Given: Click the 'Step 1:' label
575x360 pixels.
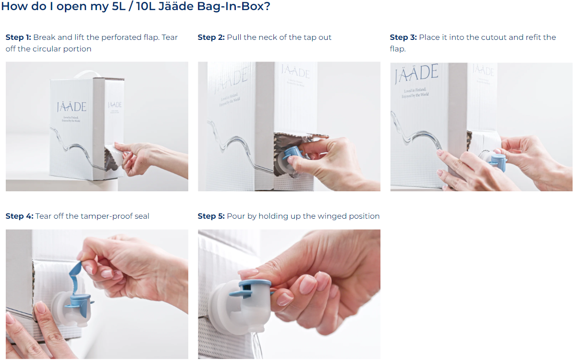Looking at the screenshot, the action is pos(18,37).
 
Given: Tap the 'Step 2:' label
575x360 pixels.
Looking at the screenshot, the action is pos(211,37).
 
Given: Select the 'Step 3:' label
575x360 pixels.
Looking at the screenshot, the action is pos(404,37).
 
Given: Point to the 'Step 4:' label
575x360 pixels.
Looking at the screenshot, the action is pos(19,216).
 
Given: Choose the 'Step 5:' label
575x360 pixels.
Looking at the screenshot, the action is pos(211,216).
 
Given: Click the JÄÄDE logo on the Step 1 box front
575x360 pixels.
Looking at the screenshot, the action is pos(72,107).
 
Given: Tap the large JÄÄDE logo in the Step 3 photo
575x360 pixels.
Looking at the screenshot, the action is pos(416,73).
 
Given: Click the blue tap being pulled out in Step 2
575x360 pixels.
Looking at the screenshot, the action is pos(294,154).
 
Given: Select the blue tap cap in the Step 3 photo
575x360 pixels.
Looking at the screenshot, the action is pos(498,162).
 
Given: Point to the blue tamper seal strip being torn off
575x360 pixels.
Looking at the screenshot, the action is pos(75,277).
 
